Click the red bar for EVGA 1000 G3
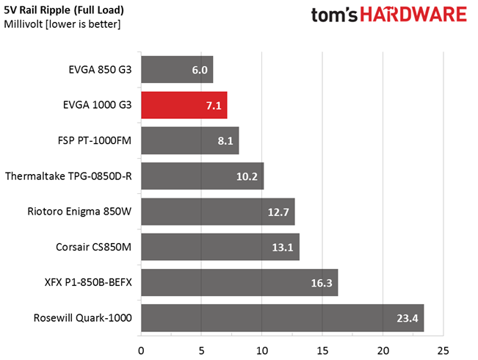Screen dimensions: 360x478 (x=184, y=106)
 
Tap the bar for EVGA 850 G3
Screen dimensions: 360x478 (x=176, y=71)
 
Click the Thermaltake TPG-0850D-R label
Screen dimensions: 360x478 (x=68, y=176)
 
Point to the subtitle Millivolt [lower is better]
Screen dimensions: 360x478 (x=62, y=25)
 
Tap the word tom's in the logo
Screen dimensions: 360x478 (x=328, y=15)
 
